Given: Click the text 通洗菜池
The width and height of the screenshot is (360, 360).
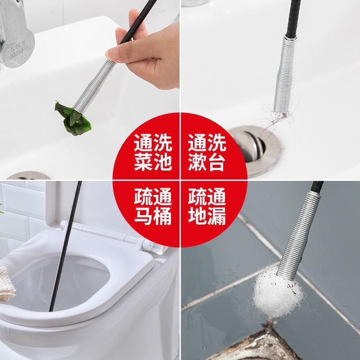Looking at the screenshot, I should click(153, 153).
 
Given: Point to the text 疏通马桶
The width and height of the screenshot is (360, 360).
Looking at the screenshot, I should click(153, 207).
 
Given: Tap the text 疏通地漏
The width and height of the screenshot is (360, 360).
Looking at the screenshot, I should click(207, 207).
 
